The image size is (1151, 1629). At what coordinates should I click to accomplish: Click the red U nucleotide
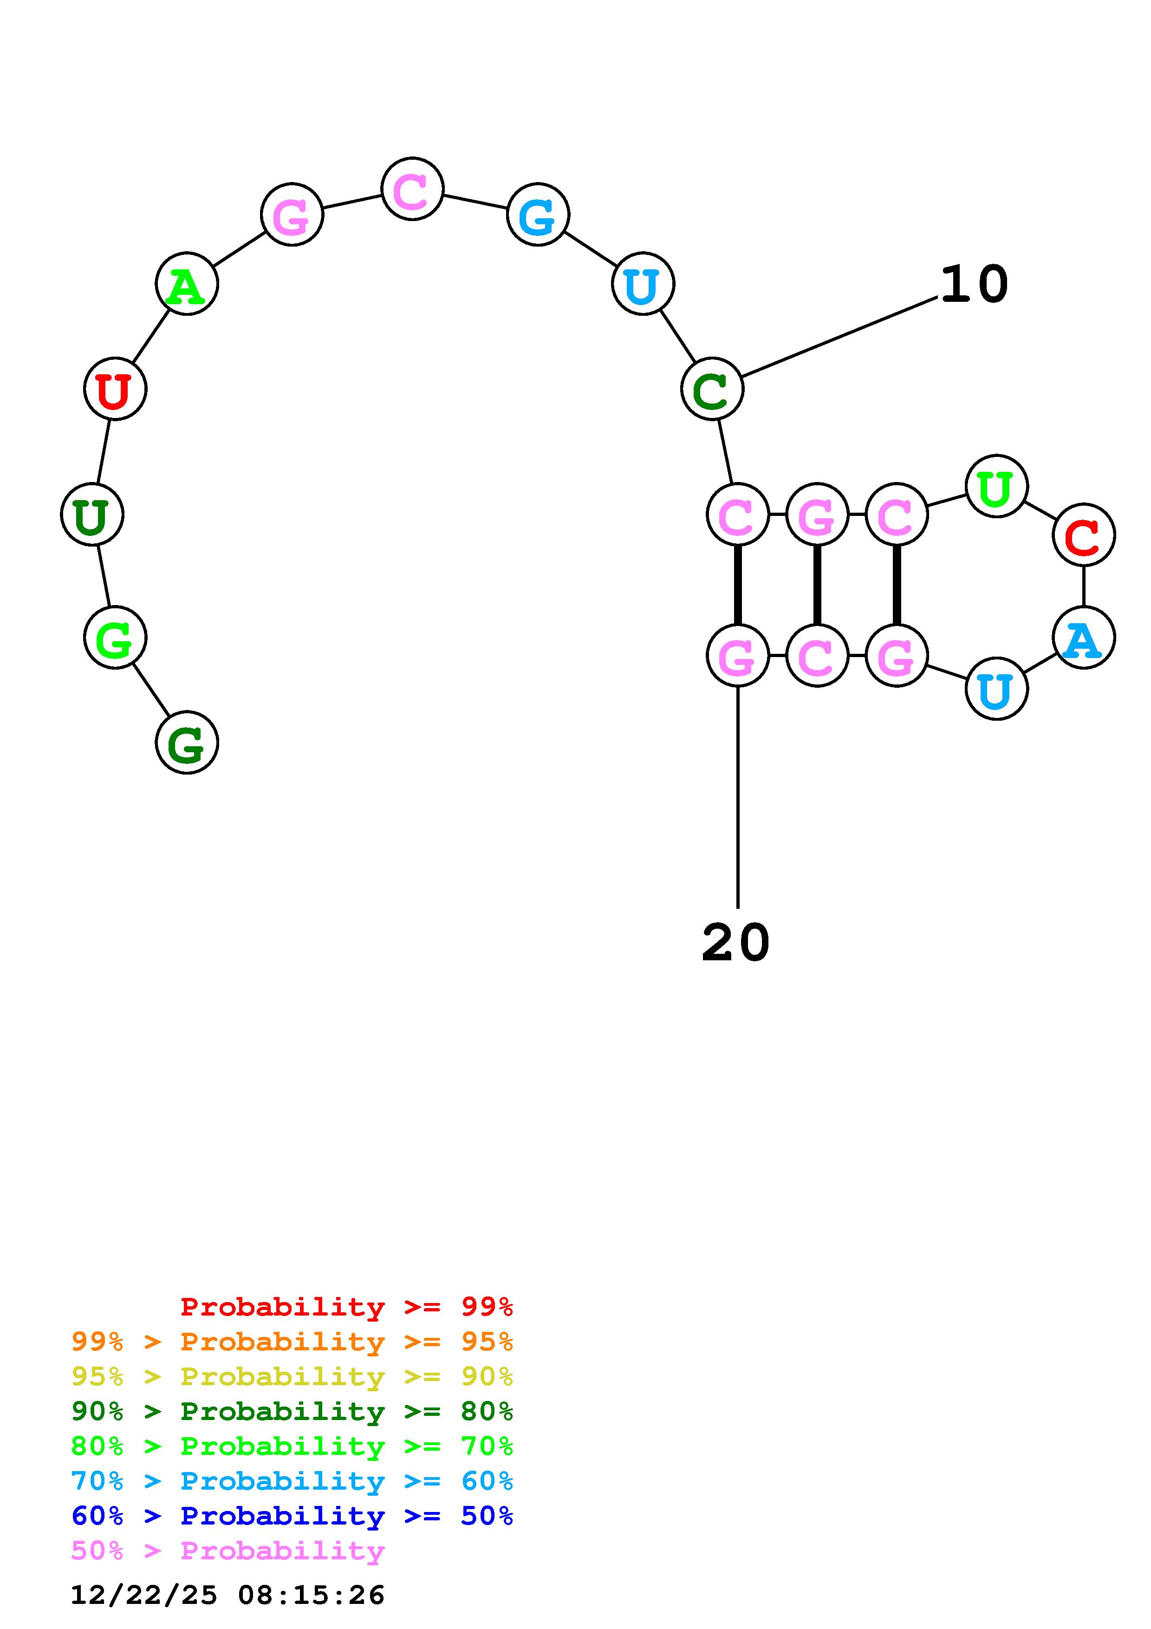(115, 389)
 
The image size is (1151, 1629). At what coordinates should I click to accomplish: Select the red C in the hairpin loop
(1084, 535)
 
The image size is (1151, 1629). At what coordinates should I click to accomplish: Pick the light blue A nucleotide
(1084, 638)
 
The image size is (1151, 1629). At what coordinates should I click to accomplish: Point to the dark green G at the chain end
(187, 743)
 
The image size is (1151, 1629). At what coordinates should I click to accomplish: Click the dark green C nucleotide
(712, 389)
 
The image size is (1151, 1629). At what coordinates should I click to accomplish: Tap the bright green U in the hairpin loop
(996, 486)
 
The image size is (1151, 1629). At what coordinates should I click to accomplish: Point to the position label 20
(735, 943)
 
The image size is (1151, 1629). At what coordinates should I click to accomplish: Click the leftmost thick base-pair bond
(738, 585)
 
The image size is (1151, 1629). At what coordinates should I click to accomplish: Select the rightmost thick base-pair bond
(897, 585)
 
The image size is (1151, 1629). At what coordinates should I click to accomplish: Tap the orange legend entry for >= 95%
(292, 1342)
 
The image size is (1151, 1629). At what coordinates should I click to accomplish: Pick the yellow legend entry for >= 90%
(292, 1376)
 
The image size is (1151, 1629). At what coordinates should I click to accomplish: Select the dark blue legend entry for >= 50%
(292, 1516)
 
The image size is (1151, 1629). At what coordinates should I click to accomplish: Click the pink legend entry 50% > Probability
(228, 1550)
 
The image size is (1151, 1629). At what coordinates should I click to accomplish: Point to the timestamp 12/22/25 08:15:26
(228, 1595)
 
